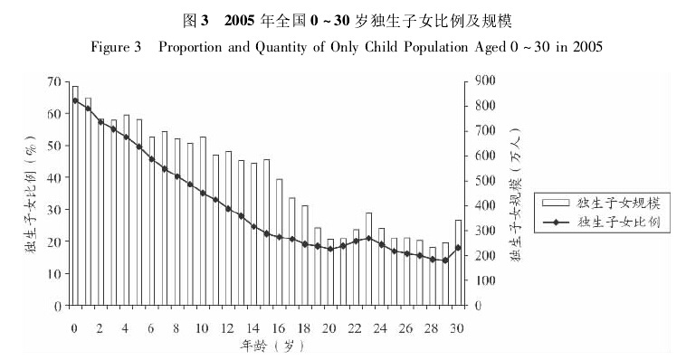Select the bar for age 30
coord(459,262)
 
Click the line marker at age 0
coord(74,100)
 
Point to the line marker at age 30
coord(459,247)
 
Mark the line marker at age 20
coord(330,249)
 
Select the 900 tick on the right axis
coord(482,81)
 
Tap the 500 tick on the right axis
coord(482,181)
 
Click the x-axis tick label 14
coord(253,327)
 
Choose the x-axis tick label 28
coord(433,327)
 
